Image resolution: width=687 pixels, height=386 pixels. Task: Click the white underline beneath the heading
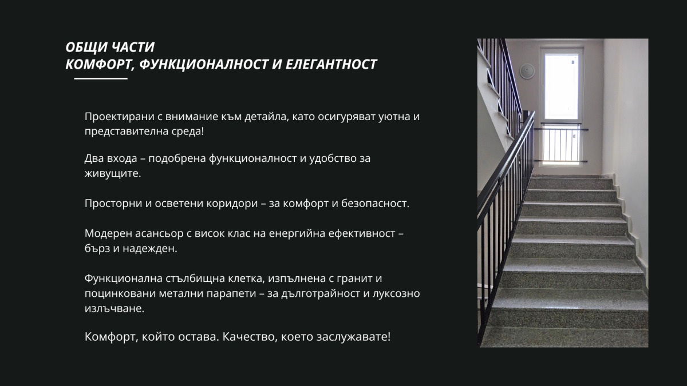[101, 78]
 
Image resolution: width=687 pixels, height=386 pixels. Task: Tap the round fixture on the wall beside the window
[527, 71]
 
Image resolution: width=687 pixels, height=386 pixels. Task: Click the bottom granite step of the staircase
[564, 337]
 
